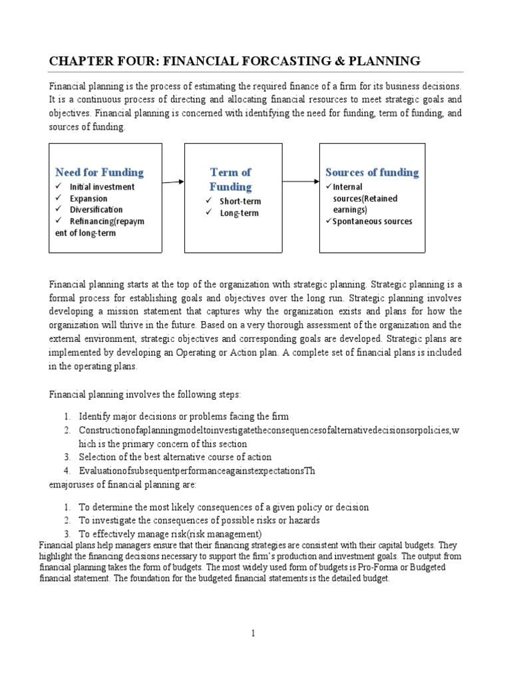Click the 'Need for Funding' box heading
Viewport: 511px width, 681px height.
[99, 172]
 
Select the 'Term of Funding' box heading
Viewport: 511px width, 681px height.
[231, 180]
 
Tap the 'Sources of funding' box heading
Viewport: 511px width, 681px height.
[372, 172]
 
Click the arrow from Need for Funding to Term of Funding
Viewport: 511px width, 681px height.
[173, 182]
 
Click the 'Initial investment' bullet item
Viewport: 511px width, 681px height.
[102, 187]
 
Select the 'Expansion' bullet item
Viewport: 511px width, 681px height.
[88, 198]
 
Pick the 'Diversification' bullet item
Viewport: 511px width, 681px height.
[96, 209]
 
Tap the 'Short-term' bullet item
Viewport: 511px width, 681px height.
[240, 202]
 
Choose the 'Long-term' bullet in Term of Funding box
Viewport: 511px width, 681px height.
[239, 213]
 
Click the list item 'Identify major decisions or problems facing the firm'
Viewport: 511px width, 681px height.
[184, 416]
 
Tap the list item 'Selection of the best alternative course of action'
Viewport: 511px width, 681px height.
[175, 457]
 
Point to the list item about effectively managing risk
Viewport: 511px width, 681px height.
[170, 534]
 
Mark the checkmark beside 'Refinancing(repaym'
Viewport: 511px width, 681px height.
[60, 221]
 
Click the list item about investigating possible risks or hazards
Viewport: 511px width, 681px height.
[200, 521]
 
